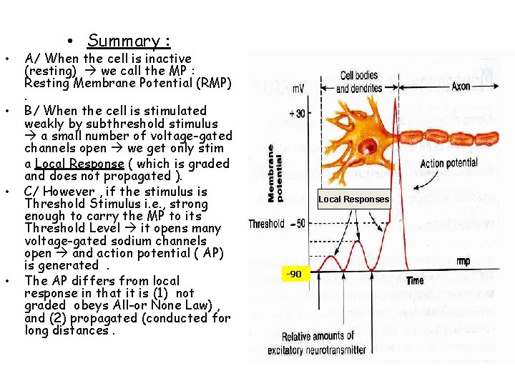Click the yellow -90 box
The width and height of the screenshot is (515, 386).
[x=294, y=274]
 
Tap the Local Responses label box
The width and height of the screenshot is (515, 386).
[x=354, y=199]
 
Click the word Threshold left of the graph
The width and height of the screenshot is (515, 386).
[x=267, y=224]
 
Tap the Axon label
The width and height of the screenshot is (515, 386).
[x=461, y=86]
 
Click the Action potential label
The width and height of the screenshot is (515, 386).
[x=448, y=164]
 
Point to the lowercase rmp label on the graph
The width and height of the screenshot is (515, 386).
[x=463, y=262]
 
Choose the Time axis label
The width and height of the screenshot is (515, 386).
[x=415, y=280]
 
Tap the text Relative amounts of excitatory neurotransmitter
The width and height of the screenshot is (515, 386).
[x=318, y=343]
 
